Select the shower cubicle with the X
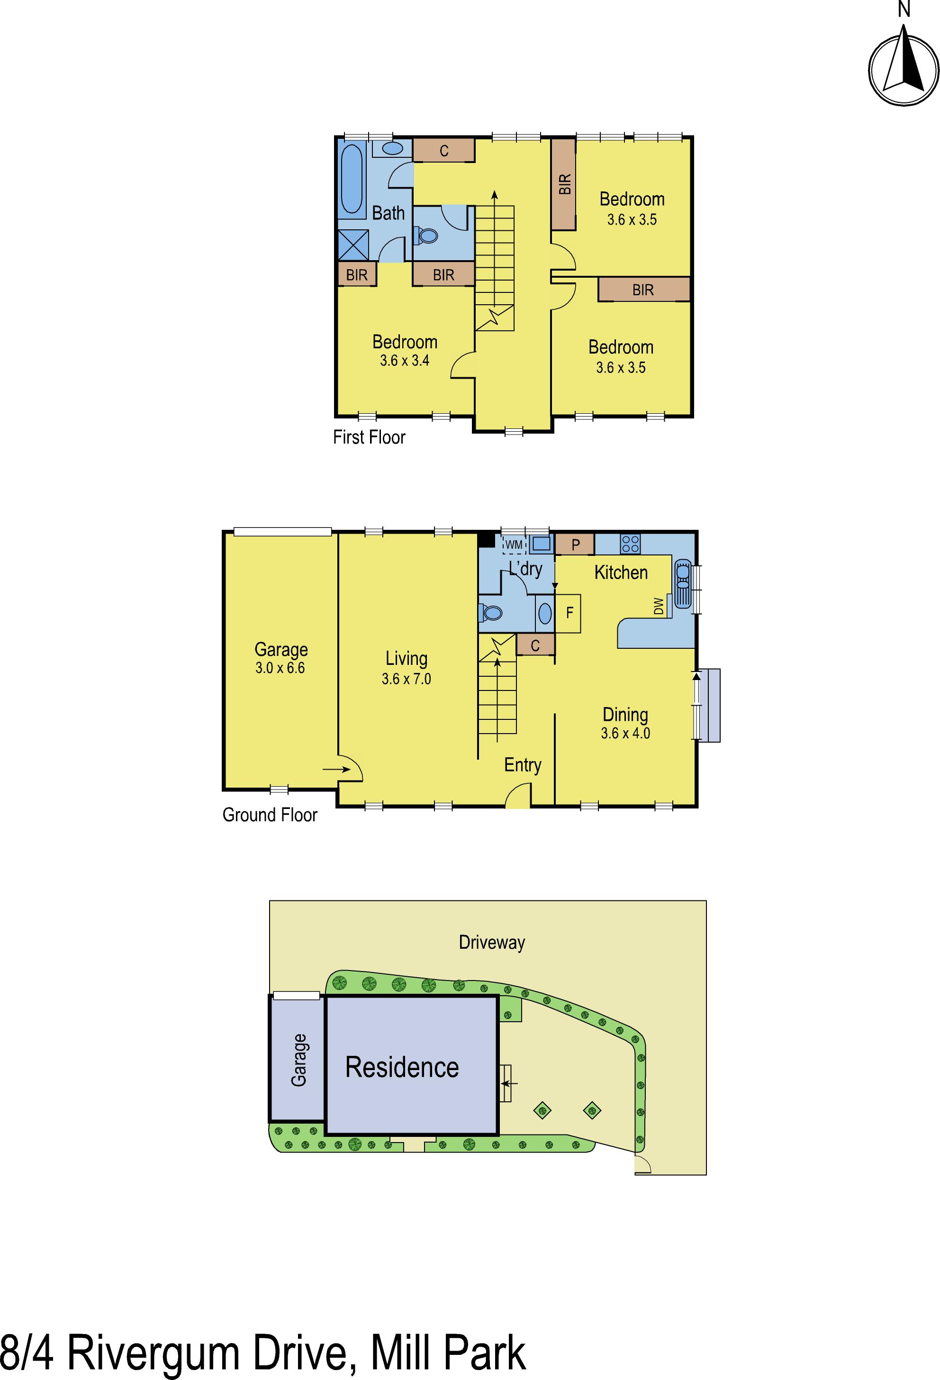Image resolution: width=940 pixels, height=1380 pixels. pos(352,244)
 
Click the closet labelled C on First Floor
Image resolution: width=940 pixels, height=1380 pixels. pos(443,150)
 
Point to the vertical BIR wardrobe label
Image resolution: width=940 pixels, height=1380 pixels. pos(564,184)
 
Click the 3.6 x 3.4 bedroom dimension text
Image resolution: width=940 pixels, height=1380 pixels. pos(405,361)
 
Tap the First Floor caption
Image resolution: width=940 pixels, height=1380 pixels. pos(369,437)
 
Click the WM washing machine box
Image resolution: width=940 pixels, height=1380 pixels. pos(514,545)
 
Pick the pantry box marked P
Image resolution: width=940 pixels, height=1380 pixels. pos(575,544)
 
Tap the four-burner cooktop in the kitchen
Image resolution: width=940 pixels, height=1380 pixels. pos(630,544)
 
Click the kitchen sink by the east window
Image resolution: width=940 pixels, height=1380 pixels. pos(682,584)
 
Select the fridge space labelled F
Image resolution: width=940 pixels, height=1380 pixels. pos(569,613)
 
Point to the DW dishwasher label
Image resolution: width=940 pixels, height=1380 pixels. pos(658,606)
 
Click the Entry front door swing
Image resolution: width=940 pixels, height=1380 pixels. pos(518,796)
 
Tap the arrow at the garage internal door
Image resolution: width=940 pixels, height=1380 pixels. pos(335,770)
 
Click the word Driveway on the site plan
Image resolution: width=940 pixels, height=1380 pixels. pos(492,943)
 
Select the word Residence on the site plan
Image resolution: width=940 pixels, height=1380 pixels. pos(402,1067)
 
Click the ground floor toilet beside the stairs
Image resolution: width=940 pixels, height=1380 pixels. pos(492,613)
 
